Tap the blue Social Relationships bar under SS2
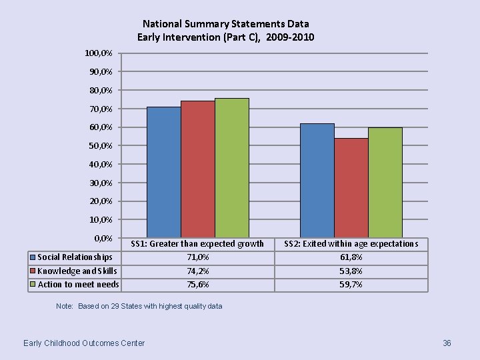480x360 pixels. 317,180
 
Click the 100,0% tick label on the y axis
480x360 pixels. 99,53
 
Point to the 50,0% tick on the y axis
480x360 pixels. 101,145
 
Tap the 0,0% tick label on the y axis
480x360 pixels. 103,238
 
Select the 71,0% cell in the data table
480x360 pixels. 197,257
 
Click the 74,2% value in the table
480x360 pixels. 197,271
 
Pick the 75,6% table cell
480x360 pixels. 197,285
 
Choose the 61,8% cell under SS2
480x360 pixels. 351,257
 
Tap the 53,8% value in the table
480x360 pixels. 351,271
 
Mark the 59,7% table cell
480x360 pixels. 351,285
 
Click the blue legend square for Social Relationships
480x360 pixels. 32,257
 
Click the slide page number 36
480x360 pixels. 447,343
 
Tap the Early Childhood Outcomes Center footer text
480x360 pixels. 84,343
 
